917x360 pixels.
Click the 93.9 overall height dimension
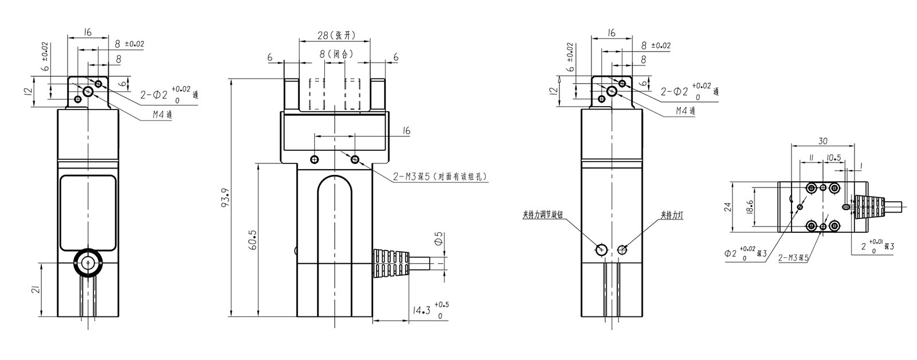point(225,197)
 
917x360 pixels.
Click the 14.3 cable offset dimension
point(422,310)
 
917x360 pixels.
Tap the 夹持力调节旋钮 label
point(542,215)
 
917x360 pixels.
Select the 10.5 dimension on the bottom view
point(833,157)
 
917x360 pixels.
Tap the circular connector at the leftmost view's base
point(88,263)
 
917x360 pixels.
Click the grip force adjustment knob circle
point(602,249)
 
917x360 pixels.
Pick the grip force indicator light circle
point(623,249)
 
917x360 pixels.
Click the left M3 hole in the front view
point(314,159)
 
